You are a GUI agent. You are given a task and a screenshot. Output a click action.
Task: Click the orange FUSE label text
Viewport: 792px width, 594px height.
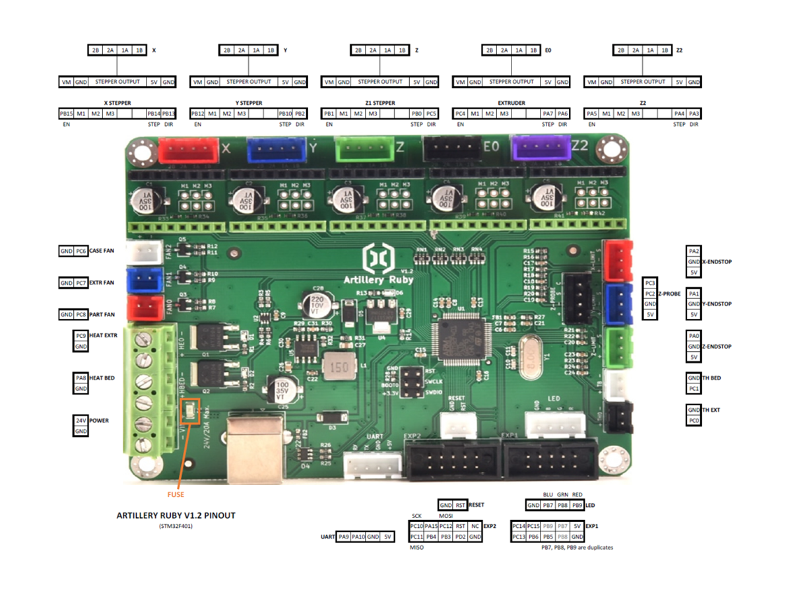pos(175,494)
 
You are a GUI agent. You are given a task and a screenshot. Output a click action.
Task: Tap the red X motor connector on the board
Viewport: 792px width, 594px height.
pos(189,150)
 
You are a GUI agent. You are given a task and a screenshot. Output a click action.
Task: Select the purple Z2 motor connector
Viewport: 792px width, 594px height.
pos(542,149)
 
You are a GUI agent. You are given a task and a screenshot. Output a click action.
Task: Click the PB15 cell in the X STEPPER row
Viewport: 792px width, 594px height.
pos(66,114)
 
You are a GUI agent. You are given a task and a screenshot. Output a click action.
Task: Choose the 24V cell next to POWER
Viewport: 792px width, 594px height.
pos(81,420)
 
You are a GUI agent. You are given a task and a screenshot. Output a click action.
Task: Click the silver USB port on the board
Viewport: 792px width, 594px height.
pos(253,446)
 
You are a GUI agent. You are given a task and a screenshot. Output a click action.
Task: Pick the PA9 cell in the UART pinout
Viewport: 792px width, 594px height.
pos(343,537)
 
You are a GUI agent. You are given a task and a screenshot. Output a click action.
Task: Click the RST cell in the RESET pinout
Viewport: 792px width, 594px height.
pos(460,505)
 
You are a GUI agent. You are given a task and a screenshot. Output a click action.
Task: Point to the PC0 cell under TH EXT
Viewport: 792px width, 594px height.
pos(693,420)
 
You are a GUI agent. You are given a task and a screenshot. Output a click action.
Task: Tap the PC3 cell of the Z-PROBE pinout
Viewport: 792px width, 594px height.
pos(650,282)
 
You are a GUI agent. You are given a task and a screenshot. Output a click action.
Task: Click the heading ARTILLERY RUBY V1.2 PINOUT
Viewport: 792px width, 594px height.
pos(176,515)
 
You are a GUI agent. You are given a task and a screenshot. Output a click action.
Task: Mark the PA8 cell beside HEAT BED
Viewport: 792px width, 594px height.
pos(81,378)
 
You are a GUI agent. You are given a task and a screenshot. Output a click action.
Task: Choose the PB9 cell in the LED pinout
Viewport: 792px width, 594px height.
pos(577,505)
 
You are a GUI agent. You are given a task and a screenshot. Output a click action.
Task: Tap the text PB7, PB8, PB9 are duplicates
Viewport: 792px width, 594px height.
pos(573,548)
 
